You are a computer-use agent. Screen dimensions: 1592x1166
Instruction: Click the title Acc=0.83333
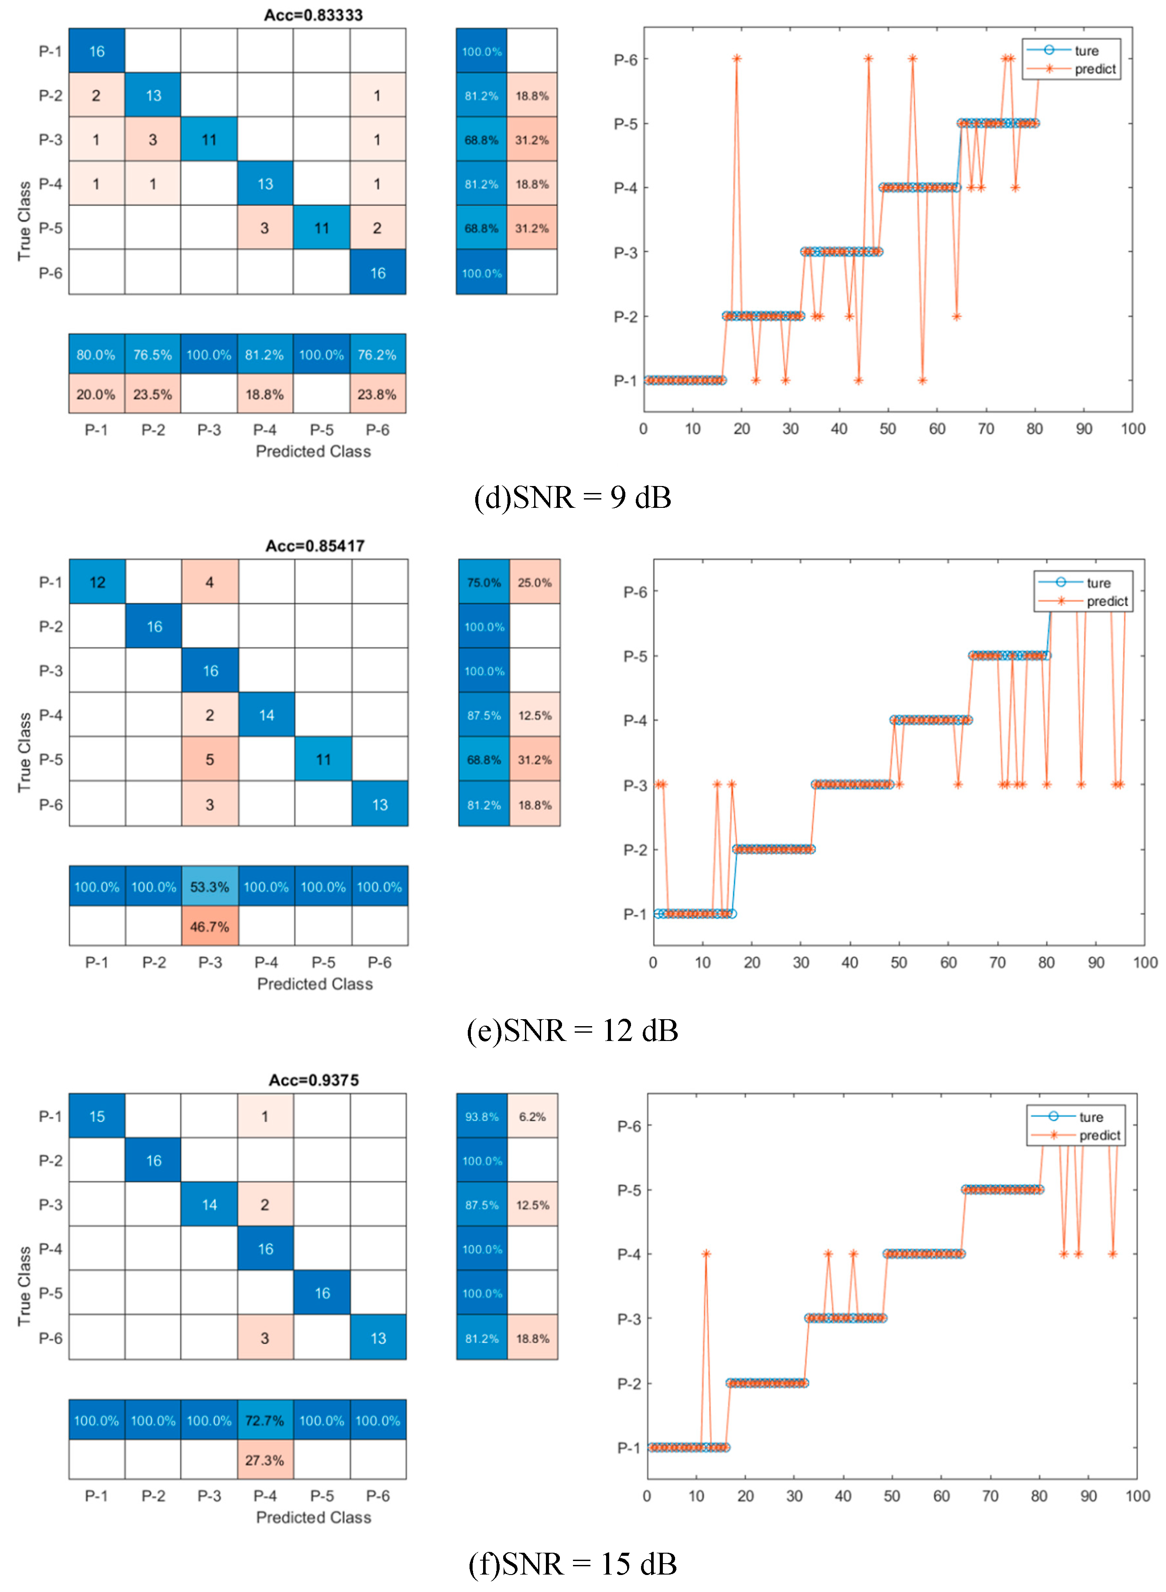pos(313,15)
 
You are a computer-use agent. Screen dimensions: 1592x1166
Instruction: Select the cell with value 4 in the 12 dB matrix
pos(209,582)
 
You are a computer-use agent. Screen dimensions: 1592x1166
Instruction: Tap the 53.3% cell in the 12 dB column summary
pos(209,887)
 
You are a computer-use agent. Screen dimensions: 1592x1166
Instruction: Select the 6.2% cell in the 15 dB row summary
pos(532,1116)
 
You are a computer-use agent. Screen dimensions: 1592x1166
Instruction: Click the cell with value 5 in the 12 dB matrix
pos(209,759)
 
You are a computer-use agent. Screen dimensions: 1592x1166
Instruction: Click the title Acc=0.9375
pos(313,1080)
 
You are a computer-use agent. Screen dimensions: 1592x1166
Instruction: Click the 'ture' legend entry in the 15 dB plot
pos(1091,1117)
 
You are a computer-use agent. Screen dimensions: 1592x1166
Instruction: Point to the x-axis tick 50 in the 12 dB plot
pos(899,962)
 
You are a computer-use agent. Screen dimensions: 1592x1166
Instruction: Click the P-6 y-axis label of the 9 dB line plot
pos(625,60)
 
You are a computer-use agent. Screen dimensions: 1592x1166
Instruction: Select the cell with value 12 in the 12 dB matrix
pos(97,582)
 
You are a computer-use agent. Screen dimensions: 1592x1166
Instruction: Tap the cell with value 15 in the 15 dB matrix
pos(97,1116)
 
